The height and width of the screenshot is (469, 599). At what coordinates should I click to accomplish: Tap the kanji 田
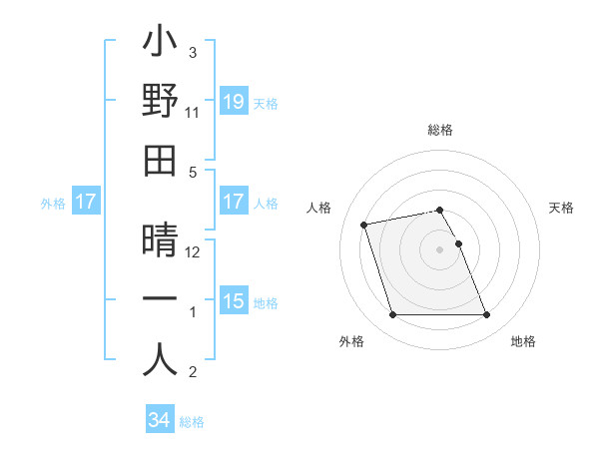(x=160, y=160)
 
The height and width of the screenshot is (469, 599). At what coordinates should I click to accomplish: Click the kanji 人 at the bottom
(x=160, y=360)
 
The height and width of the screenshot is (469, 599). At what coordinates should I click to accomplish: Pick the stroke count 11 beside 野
(x=192, y=113)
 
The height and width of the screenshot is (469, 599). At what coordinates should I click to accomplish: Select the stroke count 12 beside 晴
(x=193, y=252)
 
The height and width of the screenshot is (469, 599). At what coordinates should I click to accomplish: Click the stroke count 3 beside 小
(x=193, y=52)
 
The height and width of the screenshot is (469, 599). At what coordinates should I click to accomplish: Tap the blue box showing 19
(x=233, y=101)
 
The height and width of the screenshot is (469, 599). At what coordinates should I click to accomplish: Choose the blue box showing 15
(x=233, y=301)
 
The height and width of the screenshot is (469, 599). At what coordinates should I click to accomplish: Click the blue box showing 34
(x=159, y=420)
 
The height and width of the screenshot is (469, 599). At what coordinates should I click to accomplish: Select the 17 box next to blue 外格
(x=85, y=202)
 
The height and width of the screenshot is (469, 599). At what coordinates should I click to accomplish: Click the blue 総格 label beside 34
(x=192, y=422)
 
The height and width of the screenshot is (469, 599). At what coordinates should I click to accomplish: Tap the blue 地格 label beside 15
(x=266, y=302)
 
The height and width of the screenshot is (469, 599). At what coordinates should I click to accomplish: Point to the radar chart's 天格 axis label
(x=562, y=208)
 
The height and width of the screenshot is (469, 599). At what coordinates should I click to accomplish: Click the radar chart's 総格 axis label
(x=440, y=130)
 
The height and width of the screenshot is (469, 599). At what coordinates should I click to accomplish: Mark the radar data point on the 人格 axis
(x=364, y=224)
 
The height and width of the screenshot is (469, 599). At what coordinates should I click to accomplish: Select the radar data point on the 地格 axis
(x=486, y=315)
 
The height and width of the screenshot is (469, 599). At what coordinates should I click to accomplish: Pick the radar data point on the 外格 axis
(x=392, y=315)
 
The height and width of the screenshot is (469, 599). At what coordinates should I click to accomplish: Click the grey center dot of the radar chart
(x=440, y=249)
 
